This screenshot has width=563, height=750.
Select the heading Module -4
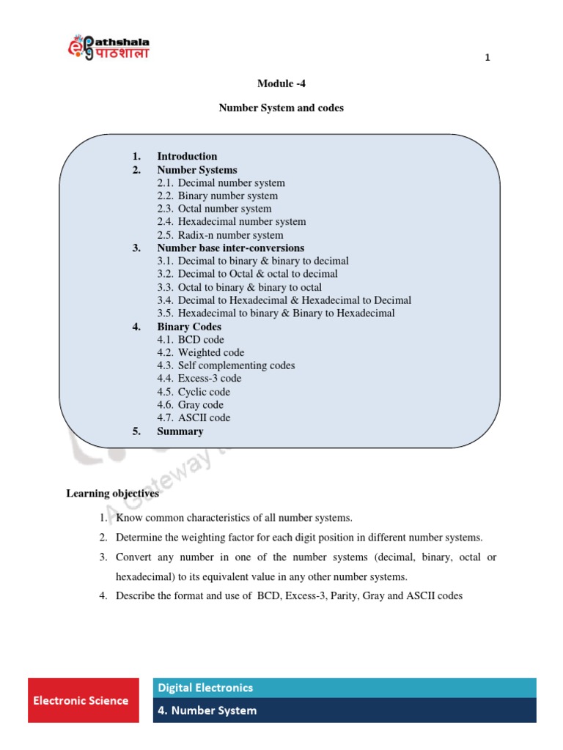coord(281,83)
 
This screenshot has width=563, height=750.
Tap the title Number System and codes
coord(281,108)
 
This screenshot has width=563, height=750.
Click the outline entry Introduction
coord(187,156)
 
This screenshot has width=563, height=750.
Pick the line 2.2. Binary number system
coord(217,196)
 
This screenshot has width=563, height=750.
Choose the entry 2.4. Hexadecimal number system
coord(231,221)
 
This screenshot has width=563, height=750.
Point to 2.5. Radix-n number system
coord(220,235)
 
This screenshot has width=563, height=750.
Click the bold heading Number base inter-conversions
coord(230,248)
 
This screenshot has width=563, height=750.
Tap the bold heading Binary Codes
coord(189,327)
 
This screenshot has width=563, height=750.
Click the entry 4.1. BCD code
coord(191,340)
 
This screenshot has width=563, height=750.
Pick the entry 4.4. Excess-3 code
coord(199,379)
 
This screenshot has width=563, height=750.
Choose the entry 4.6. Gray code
coord(190,404)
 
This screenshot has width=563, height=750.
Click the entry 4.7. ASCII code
coord(194,417)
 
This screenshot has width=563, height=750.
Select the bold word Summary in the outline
coord(180,431)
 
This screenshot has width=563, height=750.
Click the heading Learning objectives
coord(112,494)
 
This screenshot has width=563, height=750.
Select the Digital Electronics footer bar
coord(345,688)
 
